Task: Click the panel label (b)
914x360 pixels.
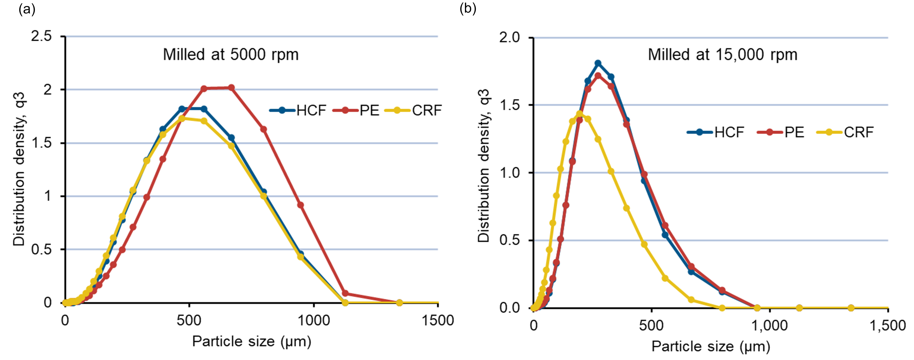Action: point(468,8)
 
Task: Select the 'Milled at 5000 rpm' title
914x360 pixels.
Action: point(231,55)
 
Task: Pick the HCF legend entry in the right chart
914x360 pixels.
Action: point(716,132)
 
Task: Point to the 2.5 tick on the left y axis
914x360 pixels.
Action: point(42,36)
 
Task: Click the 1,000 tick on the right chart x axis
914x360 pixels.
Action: point(770,325)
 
